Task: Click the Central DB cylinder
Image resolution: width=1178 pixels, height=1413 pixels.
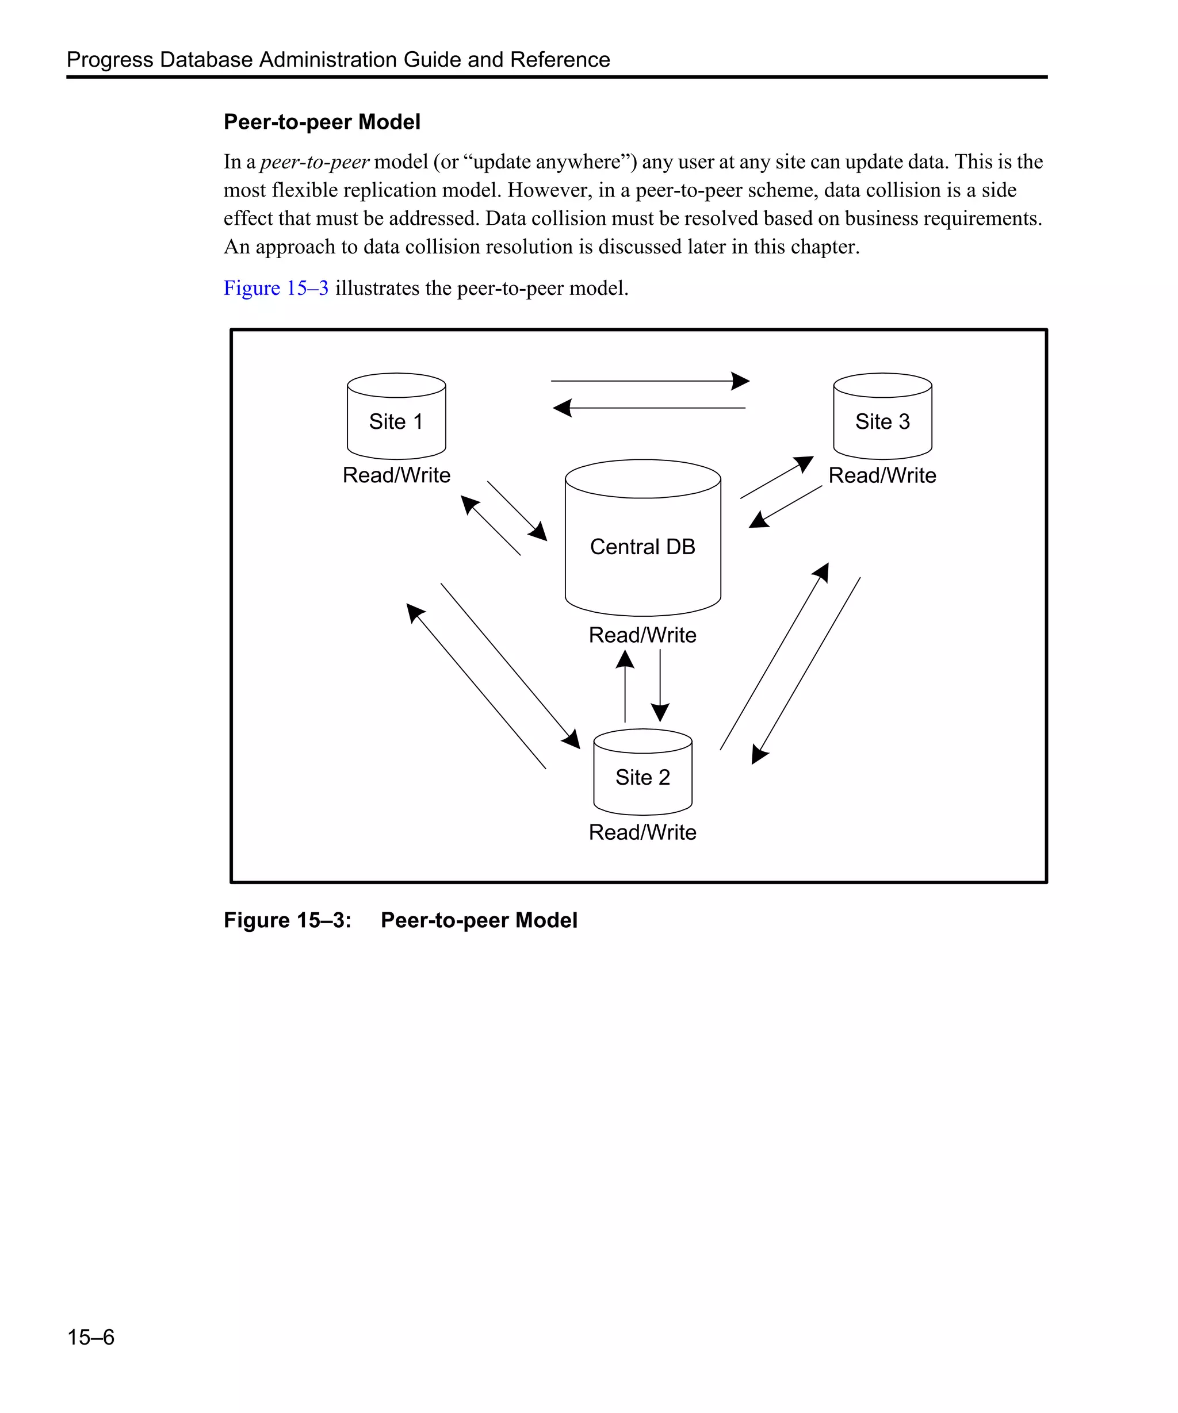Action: click(642, 538)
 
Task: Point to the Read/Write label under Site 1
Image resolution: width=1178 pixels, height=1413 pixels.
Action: click(396, 475)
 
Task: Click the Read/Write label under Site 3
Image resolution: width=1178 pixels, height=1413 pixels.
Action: click(882, 475)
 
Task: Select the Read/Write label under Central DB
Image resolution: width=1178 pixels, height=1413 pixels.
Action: click(642, 635)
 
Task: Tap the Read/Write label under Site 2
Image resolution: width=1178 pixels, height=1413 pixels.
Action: click(642, 832)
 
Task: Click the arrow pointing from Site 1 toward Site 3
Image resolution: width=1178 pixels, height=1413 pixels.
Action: click(649, 381)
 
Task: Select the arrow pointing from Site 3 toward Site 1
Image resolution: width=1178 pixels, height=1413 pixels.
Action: click(649, 408)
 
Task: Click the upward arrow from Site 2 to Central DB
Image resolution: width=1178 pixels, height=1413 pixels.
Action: click(625, 686)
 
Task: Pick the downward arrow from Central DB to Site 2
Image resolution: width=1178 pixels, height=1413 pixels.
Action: click(660, 686)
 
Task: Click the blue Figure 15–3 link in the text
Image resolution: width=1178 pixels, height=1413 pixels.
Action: click(276, 288)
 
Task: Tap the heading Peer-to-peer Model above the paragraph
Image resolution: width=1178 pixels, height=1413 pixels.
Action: click(322, 122)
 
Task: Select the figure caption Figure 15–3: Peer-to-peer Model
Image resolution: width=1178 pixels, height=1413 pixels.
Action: click(400, 920)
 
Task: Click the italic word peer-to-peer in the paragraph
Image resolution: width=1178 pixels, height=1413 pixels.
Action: click(315, 162)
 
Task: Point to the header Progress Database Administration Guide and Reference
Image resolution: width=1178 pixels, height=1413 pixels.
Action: click(338, 60)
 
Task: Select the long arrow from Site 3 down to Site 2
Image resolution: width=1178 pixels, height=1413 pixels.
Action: click(806, 670)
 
